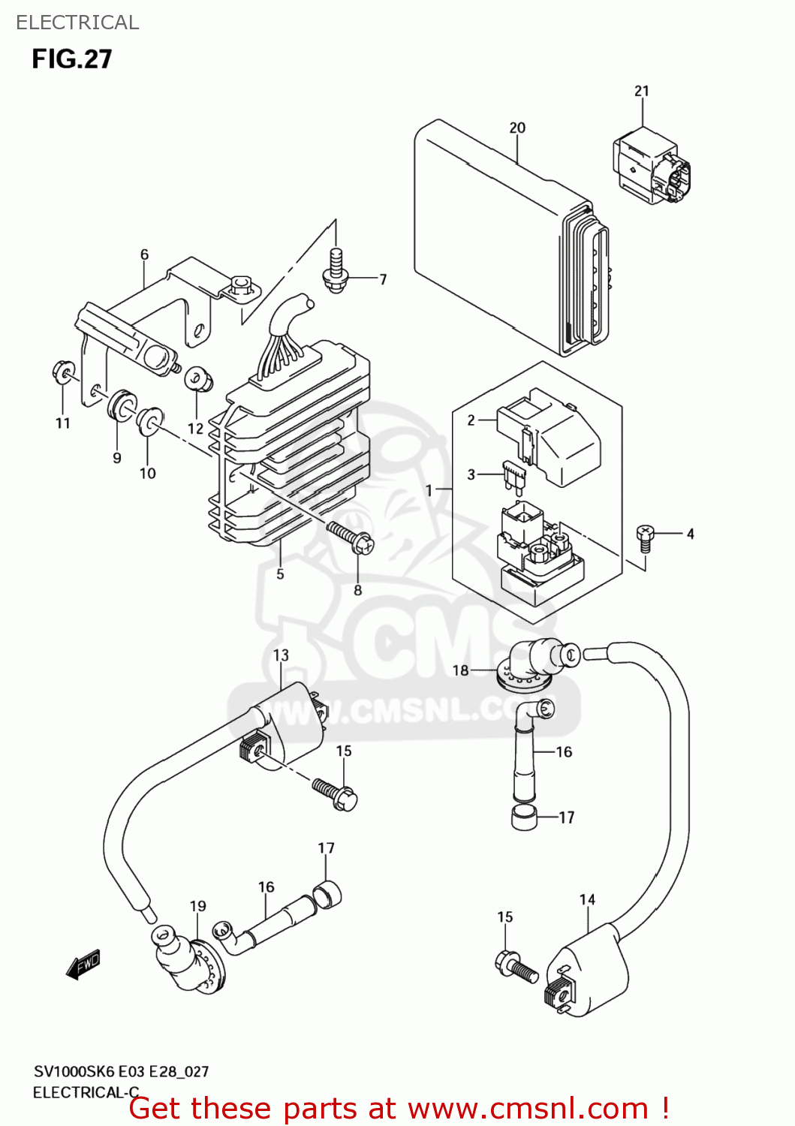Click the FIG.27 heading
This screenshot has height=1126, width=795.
point(72,59)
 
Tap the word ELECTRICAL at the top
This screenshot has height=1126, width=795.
point(77,23)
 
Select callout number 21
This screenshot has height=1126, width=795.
point(641,91)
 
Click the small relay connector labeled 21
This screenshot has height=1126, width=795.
point(651,168)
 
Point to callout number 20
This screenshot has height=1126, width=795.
point(517,128)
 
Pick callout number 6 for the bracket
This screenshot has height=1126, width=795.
point(145,254)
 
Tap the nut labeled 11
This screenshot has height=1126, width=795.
point(63,372)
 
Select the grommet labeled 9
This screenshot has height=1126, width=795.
point(120,406)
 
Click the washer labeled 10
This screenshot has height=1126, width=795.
point(149,422)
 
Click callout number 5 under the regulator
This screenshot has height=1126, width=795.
point(280,574)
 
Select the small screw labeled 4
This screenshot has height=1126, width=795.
point(644,534)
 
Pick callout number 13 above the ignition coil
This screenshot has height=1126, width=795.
point(281,655)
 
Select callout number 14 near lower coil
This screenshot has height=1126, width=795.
point(587,899)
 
